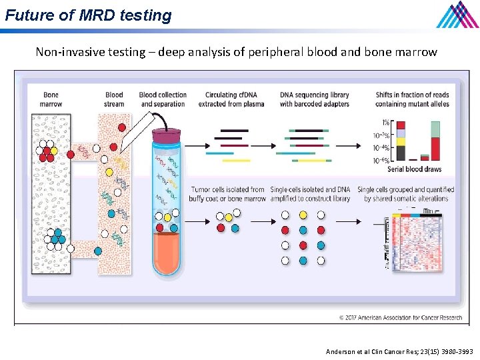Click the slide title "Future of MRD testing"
[x=88, y=15]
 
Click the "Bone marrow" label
[x=51, y=99]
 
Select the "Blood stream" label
[x=114, y=99]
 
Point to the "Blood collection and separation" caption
[x=163, y=99]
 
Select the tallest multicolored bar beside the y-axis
[x=401, y=141]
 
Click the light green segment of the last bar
[x=435, y=129]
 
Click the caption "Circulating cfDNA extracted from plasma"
[x=231, y=99]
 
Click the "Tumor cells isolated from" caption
[x=227, y=189]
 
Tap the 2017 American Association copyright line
[x=400, y=317]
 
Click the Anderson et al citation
[x=399, y=351]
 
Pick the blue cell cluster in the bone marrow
[x=58, y=236]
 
